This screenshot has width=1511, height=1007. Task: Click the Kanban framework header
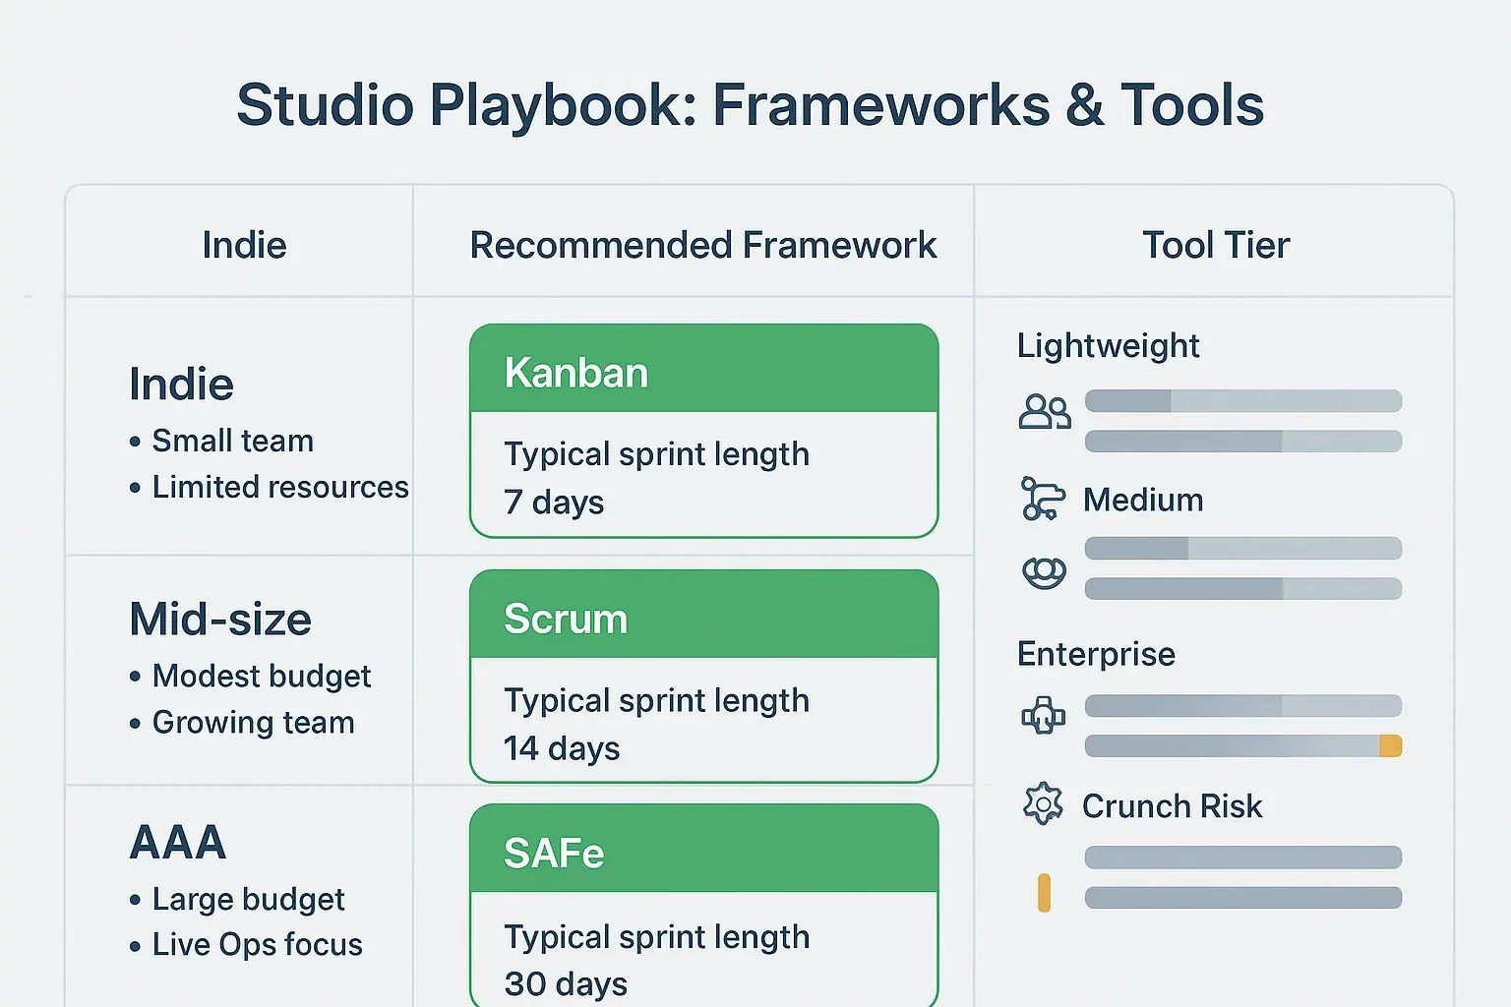(576, 373)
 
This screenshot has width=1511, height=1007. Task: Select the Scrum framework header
(566, 619)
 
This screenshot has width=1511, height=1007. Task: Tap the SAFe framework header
(554, 853)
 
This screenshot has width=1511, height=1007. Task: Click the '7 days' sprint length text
(554, 503)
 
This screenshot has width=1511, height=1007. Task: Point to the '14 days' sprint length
(562, 748)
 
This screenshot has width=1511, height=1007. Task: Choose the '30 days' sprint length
(566, 983)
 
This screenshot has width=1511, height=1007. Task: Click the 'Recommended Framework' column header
(703, 245)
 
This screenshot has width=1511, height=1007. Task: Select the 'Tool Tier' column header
(1216, 245)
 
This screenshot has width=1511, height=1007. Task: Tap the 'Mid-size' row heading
(220, 620)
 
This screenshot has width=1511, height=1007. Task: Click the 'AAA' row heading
(178, 843)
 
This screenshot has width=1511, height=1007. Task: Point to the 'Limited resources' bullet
(280, 487)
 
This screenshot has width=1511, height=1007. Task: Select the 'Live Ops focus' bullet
(258, 945)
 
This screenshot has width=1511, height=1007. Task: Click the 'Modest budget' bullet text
(262, 676)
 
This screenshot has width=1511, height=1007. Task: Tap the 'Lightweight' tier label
(1108, 346)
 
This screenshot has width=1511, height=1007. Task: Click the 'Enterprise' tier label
(1096, 654)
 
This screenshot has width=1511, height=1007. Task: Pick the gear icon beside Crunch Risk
(1043, 804)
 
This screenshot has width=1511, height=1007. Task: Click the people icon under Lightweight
(1044, 411)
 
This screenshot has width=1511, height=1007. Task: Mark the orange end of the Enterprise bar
(1390, 746)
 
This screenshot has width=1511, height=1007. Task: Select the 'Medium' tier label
(1143, 500)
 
